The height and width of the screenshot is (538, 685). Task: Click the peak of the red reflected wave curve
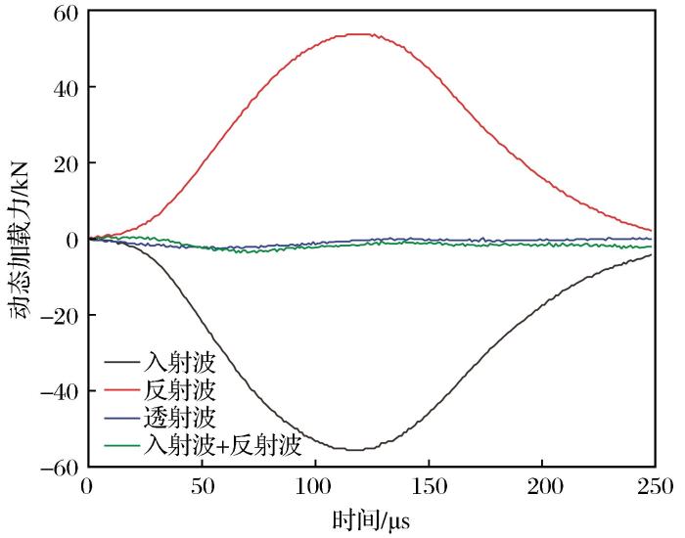click(361, 34)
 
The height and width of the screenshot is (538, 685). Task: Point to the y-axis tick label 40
click(67, 88)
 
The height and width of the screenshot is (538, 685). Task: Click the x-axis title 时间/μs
click(371, 519)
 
